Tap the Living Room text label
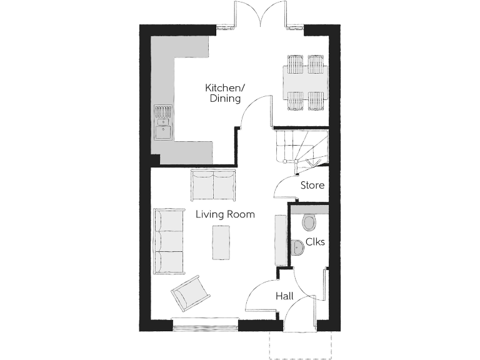pyautogui.click(x=225, y=214)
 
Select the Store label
pyautogui.click(x=312, y=185)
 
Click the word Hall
pyautogui.click(x=285, y=296)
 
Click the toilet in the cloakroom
pyautogui.click(x=309, y=222)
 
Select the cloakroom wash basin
pyautogui.click(x=297, y=248)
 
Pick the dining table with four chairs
pyautogui.click(x=306, y=82)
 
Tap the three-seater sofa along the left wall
pyautogui.click(x=169, y=242)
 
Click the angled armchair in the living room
pyautogui.click(x=190, y=294)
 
